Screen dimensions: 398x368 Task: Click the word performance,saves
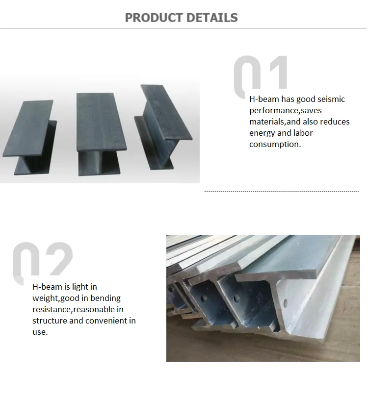click(x=286, y=110)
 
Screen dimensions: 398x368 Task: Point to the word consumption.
click(x=275, y=144)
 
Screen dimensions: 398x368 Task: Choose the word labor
click(x=302, y=133)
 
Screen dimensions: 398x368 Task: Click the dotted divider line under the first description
click(x=281, y=192)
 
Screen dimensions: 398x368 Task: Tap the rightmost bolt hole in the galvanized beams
click(x=237, y=298)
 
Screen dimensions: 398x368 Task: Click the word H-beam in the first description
click(x=264, y=99)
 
